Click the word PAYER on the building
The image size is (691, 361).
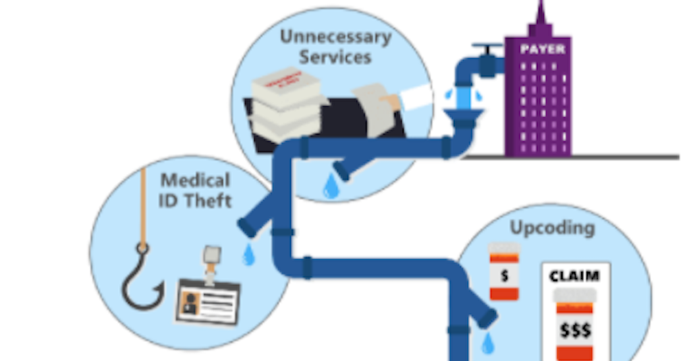tap(543, 49)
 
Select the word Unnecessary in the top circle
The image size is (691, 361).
tap(335, 36)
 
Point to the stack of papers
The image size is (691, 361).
tap(284, 107)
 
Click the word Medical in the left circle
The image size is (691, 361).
tap(195, 180)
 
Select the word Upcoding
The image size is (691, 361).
tap(552, 228)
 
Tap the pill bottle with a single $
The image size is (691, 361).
tap(503, 272)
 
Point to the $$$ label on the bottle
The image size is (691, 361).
tap(575, 330)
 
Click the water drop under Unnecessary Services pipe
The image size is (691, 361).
tap(331, 187)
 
